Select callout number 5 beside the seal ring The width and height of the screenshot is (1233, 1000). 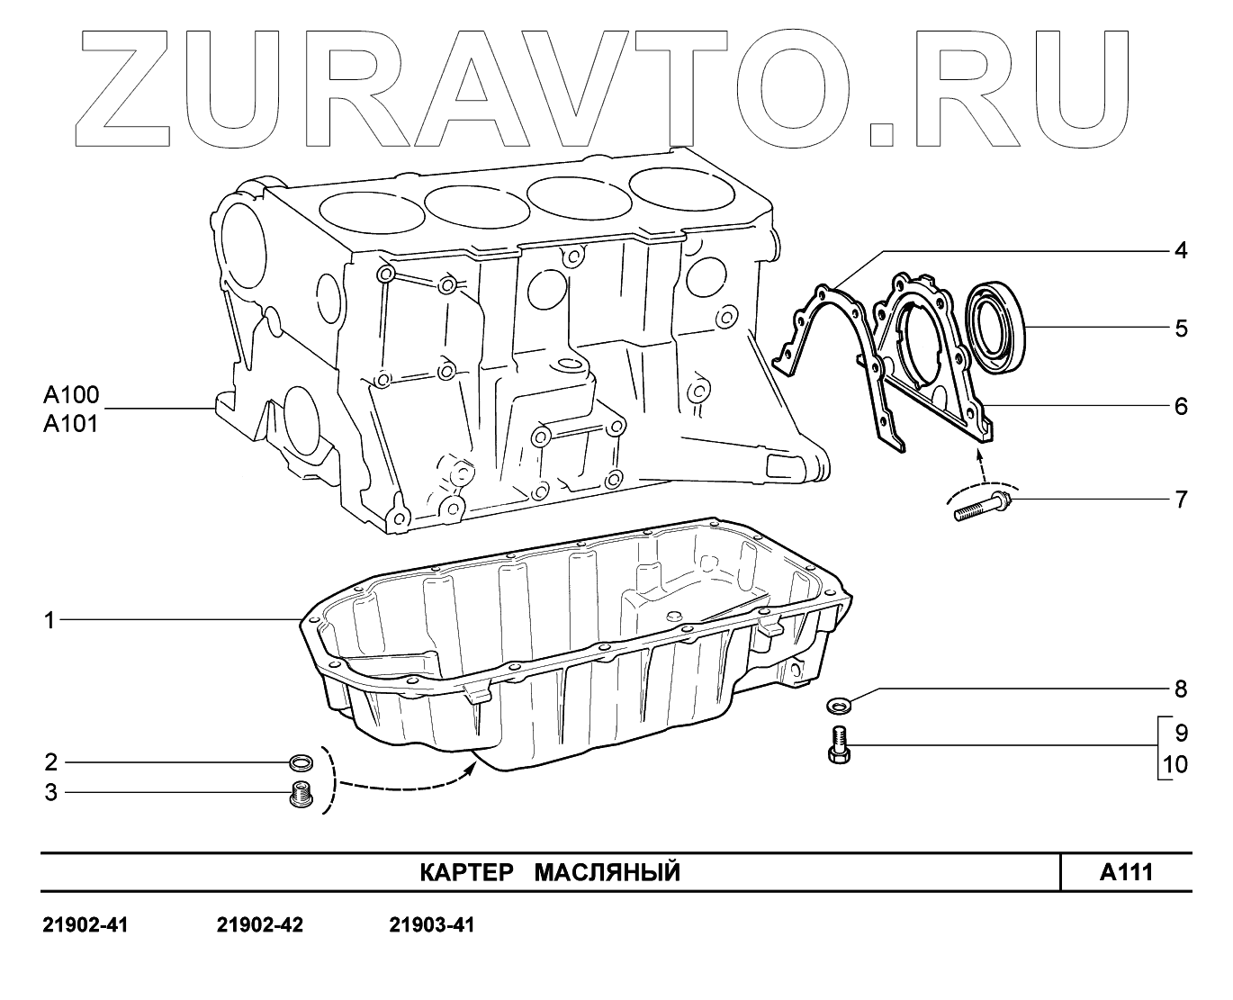[x=1180, y=328]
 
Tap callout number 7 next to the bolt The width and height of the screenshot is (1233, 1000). [x=1180, y=499]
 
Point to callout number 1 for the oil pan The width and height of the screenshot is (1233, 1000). [x=50, y=619]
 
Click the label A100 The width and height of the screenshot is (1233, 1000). [x=71, y=395]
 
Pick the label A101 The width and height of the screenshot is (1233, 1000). [x=71, y=423]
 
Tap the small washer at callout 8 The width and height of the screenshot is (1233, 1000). [x=837, y=702]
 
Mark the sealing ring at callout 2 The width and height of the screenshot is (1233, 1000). [x=301, y=764]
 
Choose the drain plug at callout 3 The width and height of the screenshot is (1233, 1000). [x=301, y=796]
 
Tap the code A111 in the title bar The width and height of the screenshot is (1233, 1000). [x=1126, y=871]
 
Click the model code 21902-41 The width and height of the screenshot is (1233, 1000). [x=85, y=925]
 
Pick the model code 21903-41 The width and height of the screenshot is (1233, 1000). [x=433, y=925]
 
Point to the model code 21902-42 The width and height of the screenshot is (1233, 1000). [x=260, y=925]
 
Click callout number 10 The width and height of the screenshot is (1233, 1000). [x=1175, y=765]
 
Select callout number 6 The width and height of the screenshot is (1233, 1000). [x=1180, y=406]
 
